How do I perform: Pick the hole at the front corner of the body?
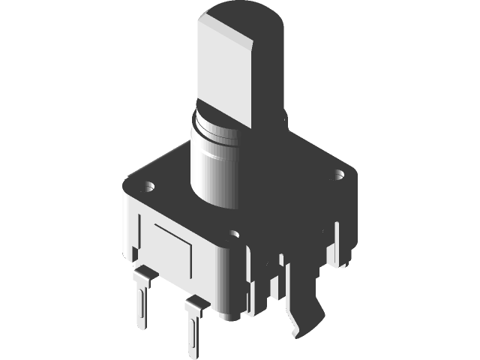(235, 235)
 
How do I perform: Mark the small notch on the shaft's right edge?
(285, 116)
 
